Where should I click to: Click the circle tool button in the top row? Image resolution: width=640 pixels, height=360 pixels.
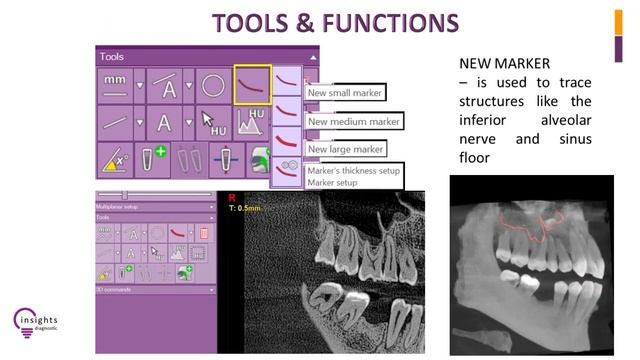click(212, 86)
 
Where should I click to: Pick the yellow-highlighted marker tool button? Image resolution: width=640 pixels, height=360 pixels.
click(252, 86)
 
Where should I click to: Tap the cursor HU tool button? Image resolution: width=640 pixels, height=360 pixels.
click(212, 124)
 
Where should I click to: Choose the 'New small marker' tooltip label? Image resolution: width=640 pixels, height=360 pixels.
click(346, 93)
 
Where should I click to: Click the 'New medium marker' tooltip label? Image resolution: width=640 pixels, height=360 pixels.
click(353, 122)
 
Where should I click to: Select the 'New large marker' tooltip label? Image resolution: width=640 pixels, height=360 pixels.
click(346, 149)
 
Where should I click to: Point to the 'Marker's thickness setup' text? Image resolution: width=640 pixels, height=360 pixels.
click(351, 170)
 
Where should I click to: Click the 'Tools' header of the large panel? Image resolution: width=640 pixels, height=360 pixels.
click(111, 57)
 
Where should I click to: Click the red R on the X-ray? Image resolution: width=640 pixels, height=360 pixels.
click(232, 198)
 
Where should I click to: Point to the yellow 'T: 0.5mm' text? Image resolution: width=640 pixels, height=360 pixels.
click(244, 209)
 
